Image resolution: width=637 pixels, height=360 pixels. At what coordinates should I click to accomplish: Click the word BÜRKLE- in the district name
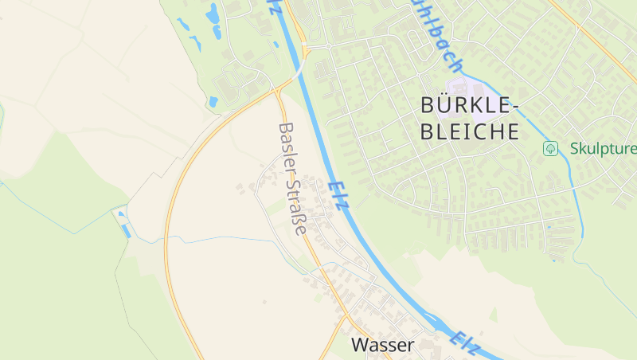coord(469,106)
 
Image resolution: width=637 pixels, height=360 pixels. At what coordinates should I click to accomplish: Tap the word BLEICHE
coord(469,131)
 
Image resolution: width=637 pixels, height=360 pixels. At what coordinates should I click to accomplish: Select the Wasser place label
coord(382,346)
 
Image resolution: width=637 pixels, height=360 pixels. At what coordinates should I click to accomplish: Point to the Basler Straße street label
coord(292,178)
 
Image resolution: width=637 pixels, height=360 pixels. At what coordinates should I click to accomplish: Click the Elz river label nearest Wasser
coord(464,341)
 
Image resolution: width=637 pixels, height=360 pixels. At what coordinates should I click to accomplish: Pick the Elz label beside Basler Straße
coord(338,194)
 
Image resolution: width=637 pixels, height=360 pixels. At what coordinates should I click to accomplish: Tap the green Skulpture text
coord(603,149)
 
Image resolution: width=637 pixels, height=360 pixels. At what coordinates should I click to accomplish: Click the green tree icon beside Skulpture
coord(549,149)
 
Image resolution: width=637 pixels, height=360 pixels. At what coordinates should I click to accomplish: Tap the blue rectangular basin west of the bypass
coord(126,231)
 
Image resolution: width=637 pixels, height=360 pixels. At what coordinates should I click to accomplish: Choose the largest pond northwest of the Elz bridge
coord(213,14)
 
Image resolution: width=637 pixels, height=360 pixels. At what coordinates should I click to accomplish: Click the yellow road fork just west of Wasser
coord(344,319)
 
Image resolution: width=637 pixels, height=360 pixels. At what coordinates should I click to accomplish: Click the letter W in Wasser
coord(359,346)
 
